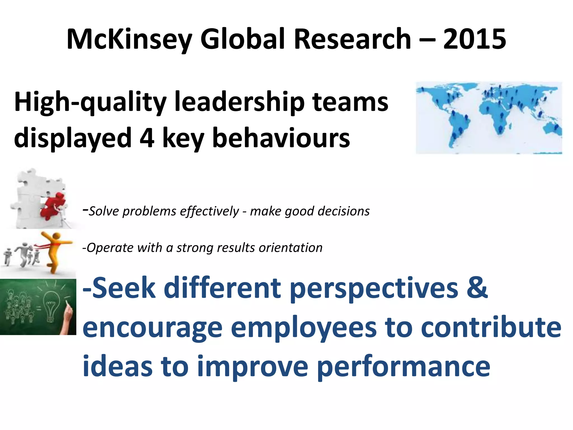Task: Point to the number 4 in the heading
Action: [x=147, y=138]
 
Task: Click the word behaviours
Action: [x=281, y=138]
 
